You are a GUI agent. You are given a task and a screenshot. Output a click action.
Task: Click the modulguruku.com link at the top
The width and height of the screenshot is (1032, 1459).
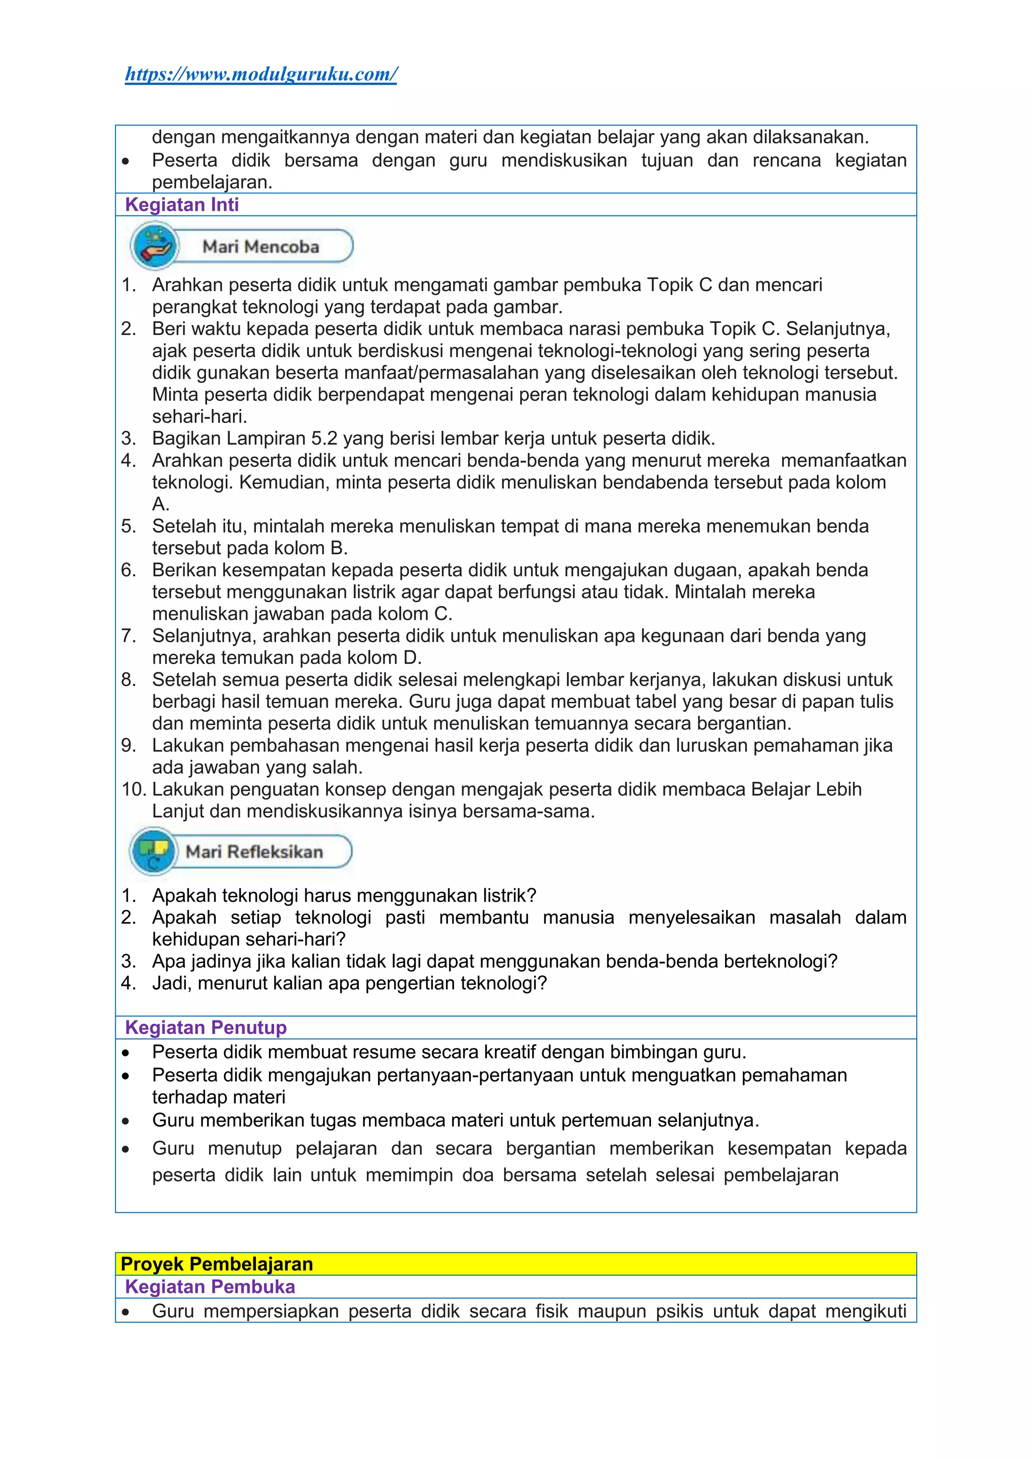261,75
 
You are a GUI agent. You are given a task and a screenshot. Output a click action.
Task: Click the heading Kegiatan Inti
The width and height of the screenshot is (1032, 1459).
182,205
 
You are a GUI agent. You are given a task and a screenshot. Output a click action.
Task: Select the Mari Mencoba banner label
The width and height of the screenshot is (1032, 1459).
261,246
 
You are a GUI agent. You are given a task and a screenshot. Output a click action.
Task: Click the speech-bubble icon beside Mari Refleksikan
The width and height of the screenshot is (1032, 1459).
153,851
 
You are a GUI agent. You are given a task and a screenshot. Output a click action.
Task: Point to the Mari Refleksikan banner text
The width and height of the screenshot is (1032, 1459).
254,851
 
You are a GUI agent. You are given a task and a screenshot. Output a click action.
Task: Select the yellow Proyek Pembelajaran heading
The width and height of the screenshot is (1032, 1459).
217,1264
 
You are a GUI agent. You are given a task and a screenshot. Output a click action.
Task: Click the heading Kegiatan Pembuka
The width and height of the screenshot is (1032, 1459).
210,1287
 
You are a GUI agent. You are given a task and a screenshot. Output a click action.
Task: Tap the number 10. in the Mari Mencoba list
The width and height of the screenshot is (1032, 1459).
133,789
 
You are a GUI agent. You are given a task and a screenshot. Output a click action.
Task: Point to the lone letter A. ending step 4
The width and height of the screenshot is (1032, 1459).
160,504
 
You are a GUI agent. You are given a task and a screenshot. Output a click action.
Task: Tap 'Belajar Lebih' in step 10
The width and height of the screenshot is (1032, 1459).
806,789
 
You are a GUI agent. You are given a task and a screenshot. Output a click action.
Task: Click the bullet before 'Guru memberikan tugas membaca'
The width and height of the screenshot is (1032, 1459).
126,1121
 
